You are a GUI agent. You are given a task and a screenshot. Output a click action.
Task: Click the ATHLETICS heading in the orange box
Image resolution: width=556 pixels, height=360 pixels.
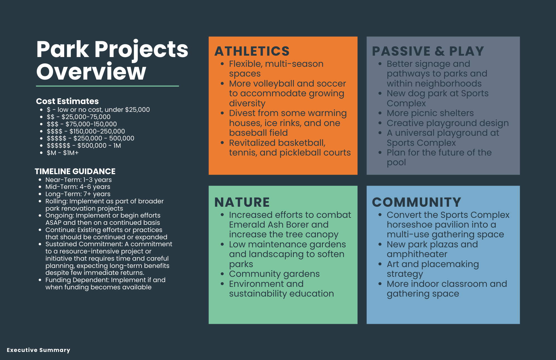click(x=252, y=51)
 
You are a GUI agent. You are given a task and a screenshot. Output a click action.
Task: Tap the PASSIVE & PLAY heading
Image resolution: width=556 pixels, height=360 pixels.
click(x=428, y=51)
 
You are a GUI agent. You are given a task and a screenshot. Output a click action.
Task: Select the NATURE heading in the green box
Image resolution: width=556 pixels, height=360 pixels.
click(x=242, y=202)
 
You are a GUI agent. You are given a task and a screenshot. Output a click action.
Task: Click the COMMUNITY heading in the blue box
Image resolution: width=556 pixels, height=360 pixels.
click(x=416, y=202)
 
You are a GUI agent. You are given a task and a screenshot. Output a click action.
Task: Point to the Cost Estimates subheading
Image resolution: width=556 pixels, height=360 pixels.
click(x=67, y=101)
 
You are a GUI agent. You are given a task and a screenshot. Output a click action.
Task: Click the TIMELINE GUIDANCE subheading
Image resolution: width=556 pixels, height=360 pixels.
click(x=75, y=171)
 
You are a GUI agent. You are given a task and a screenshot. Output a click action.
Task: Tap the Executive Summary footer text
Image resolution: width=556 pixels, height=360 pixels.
click(x=38, y=350)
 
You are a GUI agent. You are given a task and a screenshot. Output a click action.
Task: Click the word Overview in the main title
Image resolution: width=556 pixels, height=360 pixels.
click(x=91, y=71)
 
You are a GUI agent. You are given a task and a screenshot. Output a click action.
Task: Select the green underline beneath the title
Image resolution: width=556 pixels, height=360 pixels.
click(x=107, y=86)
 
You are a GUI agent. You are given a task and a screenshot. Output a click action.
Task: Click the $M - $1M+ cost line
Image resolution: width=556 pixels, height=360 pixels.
click(x=63, y=153)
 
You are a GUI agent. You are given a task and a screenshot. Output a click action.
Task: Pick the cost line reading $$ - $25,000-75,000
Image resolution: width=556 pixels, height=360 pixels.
click(x=78, y=117)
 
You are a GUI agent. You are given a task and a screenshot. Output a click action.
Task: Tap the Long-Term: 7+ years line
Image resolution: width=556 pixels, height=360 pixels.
click(x=78, y=194)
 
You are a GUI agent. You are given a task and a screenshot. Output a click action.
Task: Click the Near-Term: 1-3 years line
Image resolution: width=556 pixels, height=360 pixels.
click(x=78, y=180)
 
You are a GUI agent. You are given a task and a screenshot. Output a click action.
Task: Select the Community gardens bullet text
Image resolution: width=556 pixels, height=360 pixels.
click(x=274, y=274)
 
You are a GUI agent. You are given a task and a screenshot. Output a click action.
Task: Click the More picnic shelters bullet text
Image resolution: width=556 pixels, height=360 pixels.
click(x=430, y=113)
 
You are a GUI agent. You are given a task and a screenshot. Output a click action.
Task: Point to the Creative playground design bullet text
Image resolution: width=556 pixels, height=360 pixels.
click(x=448, y=123)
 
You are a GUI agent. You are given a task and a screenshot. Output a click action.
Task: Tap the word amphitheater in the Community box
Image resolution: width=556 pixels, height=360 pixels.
click(x=417, y=254)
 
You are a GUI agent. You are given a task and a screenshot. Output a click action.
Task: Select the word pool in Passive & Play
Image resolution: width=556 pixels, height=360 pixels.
click(x=396, y=162)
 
